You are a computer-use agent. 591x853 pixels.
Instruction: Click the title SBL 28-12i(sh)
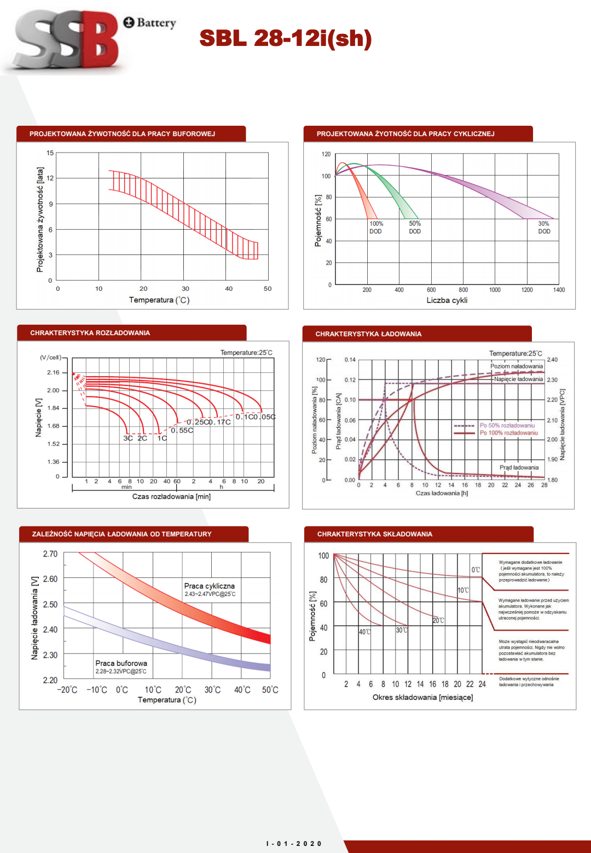tap(285, 38)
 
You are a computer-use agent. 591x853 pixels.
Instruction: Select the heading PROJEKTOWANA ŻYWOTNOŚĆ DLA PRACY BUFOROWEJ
tap(122, 134)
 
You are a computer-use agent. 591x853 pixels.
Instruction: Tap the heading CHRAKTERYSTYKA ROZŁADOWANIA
tap(90, 333)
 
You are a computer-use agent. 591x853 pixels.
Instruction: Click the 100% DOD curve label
tap(376, 227)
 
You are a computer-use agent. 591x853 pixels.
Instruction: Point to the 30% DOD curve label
tap(544, 227)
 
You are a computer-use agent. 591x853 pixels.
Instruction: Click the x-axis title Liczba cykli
tap(447, 300)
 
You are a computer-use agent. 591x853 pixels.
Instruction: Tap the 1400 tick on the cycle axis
tap(559, 290)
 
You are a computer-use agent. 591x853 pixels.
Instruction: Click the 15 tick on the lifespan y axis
tap(50, 153)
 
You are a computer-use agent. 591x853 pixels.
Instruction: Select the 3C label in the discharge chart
tap(128, 438)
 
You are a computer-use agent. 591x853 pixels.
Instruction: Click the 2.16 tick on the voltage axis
tap(53, 372)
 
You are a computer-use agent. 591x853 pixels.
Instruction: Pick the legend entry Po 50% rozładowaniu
tap(507, 425)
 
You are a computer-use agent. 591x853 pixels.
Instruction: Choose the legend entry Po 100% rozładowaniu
tap(508, 433)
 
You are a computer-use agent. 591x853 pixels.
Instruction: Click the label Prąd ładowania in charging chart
tap(519, 468)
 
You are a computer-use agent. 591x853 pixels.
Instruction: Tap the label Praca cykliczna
tap(209, 586)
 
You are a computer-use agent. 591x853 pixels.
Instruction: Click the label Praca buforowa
tap(121, 663)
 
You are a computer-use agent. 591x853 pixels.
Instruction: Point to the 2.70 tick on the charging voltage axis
tap(50, 554)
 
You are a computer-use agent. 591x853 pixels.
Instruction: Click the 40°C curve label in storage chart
tap(364, 632)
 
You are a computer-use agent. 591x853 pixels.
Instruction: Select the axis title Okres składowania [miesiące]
tap(422, 697)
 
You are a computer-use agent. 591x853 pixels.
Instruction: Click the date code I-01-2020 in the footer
tap(294, 844)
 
